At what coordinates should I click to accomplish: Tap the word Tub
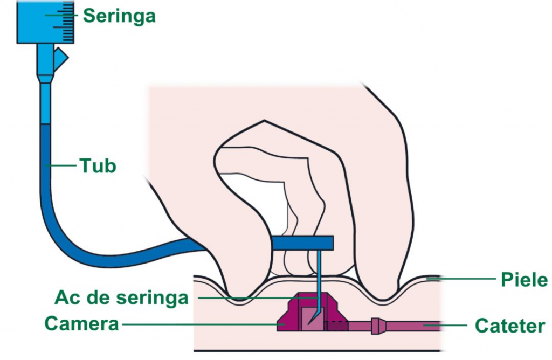98,165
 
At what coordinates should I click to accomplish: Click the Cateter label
509,326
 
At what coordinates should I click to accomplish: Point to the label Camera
81,324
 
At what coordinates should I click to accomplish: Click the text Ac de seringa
121,297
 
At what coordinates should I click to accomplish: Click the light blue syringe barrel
38,22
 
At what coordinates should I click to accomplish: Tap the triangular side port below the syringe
61,56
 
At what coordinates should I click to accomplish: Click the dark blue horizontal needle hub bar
302,243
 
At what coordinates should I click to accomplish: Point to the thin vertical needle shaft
319,275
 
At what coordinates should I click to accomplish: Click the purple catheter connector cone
377,326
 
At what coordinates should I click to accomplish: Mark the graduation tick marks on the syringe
68,22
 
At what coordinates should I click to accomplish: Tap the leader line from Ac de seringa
253,297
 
